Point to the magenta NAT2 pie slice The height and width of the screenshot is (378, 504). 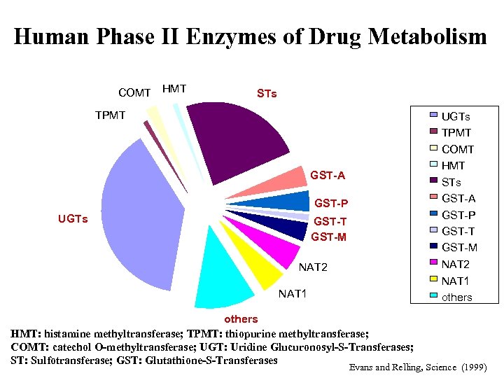276,249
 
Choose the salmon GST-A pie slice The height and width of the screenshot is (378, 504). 287,182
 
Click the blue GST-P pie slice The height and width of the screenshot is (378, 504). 290,201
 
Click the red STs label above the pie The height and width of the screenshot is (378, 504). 267,93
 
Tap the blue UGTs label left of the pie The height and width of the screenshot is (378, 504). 72,219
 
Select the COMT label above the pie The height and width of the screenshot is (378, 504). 134,92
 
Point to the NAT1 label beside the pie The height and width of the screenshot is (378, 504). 293,293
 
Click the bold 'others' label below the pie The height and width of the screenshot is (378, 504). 241,319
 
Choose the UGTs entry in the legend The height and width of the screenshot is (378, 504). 456,116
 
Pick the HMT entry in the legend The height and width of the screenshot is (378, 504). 454,166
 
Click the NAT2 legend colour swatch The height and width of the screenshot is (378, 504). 433,263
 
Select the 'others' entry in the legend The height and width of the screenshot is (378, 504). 457,297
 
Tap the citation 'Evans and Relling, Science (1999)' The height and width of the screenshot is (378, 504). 416,367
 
